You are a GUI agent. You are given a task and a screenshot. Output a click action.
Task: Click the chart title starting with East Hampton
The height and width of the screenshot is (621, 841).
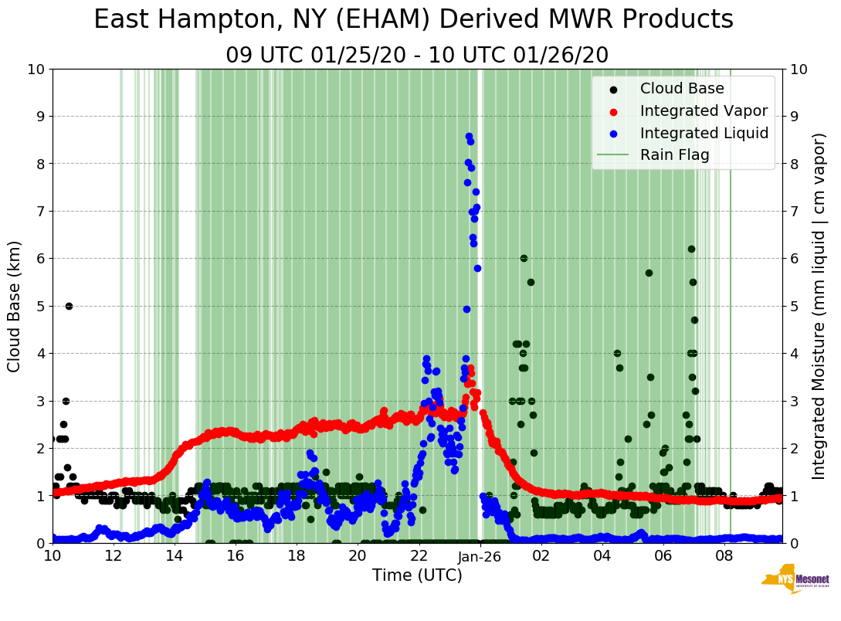point(413,20)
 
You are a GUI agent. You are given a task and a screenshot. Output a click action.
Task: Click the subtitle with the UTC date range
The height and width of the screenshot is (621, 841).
point(417,56)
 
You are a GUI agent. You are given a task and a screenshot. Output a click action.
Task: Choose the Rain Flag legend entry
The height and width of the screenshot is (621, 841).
point(674,155)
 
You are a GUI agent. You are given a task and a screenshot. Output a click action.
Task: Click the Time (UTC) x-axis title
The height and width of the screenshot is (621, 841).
point(417,575)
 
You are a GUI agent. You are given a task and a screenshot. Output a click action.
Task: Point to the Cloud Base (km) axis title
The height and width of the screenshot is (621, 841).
point(15,306)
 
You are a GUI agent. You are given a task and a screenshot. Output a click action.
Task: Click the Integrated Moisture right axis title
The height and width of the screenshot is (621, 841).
point(819,306)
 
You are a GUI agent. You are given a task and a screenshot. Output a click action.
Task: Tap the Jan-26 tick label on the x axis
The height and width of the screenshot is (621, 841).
point(480,556)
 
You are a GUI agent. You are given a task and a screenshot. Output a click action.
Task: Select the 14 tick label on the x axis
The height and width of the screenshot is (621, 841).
point(175,556)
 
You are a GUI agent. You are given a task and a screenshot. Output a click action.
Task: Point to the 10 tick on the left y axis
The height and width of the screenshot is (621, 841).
point(36,70)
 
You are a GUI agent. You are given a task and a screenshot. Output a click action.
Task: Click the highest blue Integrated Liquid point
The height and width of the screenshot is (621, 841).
point(469,136)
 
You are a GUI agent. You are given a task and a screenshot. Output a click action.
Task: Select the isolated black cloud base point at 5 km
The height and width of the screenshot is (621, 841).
point(69,306)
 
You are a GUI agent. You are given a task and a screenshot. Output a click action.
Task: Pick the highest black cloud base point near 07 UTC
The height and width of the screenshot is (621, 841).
point(691,249)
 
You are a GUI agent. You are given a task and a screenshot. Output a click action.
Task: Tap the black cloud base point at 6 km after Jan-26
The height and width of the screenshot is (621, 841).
point(524,258)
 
